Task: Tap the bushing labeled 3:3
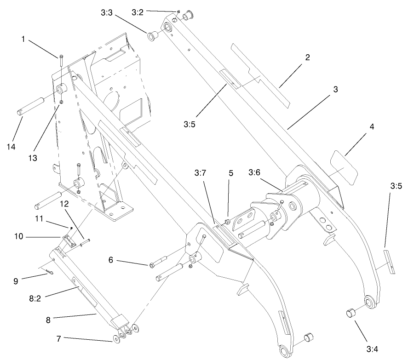pyautogui.click(x=153, y=36)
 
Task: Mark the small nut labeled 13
pyautogui.click(x=61, y=102)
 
